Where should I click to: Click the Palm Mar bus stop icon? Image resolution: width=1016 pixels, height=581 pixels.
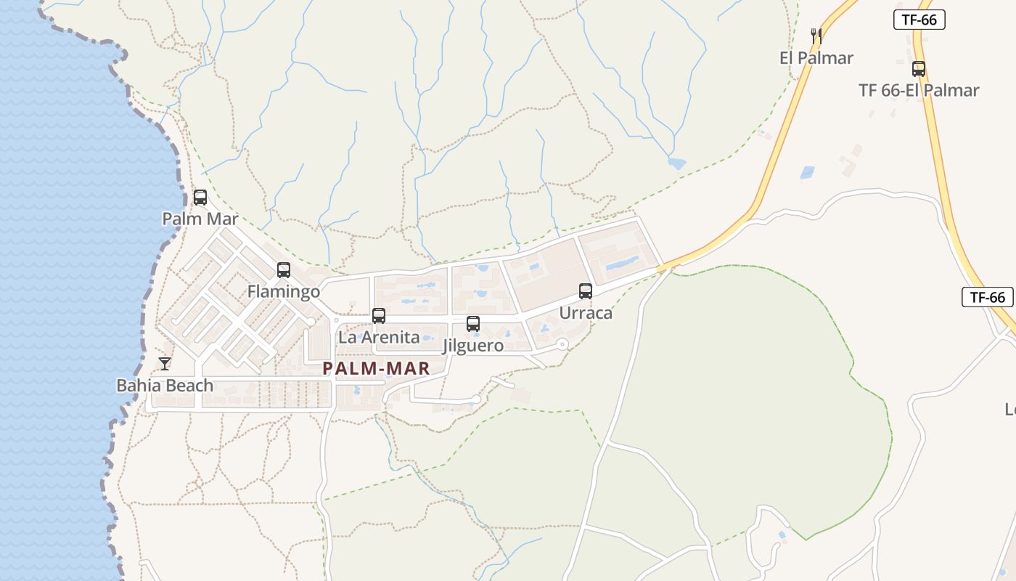pyautogui.click(x=200, y=197)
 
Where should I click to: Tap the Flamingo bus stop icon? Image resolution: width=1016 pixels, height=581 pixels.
pyautogui.click(x=284, y=270)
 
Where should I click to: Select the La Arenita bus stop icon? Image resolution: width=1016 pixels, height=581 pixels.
pyautogui.click(x=379, y=316)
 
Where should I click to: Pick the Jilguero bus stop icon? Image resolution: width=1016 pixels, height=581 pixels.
pyautogui.click(x=473, y=324)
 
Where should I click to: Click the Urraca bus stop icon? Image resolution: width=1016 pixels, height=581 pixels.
pyautogui.click(x=586, y=291)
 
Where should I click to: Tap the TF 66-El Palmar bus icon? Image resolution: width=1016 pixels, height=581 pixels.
pyautogui.click(x=919, y=69)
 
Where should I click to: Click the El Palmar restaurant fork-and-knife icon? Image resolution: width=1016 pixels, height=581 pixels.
pyautogui.click(x=816, y=36)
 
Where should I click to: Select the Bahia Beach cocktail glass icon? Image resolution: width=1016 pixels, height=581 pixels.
pyautogui.click(x=165, y=364)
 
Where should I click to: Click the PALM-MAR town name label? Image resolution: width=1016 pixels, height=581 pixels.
pyautogui.click(x=377, y=368)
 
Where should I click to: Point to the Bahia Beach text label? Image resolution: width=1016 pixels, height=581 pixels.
pyautogui.click(x=165, y=386)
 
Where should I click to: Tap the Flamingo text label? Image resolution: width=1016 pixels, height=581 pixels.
pyautogui.click(x=284, y=292)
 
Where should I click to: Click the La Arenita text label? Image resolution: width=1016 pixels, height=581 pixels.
pyautogui.click(x=379, y=338)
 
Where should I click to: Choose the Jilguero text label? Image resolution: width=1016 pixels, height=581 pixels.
pyautogui.click(x=473, y=346)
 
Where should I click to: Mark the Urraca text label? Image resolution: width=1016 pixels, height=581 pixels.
pyautogui.click(x=586, y=313)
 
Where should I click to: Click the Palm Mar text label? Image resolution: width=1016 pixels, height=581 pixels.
pyautogui.click(x=200, y=219)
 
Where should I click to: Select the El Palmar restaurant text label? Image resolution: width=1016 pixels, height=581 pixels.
pyautogui.click(x=816, y=58)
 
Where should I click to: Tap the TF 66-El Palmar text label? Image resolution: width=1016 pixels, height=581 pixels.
pyautogui.click(x=919, y=91)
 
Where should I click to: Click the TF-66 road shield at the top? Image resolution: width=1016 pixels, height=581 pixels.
pyautogui.click(x=919, y=20)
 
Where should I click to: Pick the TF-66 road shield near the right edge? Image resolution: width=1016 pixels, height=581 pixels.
pyautogui.click(x=988, y=297)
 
